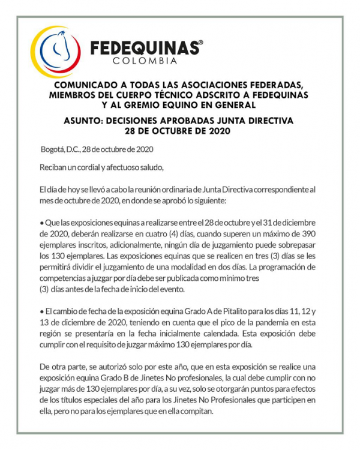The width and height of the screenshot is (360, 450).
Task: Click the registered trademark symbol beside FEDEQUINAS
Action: tap(200, 43)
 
